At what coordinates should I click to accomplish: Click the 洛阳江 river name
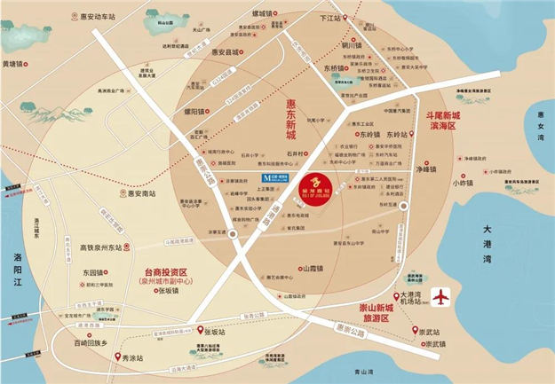[11, 269]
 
